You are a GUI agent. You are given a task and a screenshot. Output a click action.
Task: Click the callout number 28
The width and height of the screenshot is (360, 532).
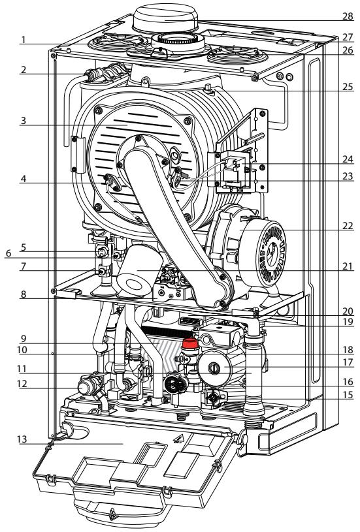tap(348, 16)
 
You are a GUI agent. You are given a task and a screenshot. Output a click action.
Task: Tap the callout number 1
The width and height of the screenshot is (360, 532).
tap(23, 40)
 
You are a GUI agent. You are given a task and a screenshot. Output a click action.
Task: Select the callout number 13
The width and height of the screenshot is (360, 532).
tap(22, 439)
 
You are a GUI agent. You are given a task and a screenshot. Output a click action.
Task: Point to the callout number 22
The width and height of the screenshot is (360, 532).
tap(348, 226)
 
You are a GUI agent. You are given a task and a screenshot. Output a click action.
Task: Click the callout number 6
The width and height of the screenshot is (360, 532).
tap(8, 253)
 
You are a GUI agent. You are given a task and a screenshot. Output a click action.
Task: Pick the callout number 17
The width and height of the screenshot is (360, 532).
tap(348, 362)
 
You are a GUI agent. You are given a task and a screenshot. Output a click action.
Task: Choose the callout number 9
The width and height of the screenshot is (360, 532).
tap(23, 338)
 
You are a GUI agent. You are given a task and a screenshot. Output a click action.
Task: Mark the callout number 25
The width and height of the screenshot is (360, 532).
tap(348, 87)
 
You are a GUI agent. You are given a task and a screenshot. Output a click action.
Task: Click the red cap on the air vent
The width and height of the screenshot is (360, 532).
tap(191, 343)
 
